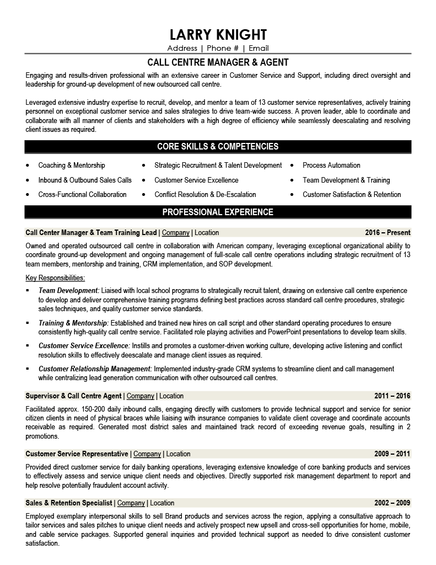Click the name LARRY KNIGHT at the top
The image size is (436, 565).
pyautogui.click(x=218, y=34)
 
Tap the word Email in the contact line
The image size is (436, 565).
pyautogui.click(x=258, y=48)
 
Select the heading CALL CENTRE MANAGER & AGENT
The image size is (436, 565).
pyautogui.click(x=218, y=62)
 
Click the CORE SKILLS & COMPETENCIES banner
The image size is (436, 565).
pyautogui.click(x=218, y=146)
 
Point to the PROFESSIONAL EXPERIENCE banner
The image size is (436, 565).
pyautogui.click(x=218, y=212)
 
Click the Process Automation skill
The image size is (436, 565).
pyautogui.click(x=331, y=165)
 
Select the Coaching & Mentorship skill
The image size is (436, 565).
pyautogui.click(x=72, y=165)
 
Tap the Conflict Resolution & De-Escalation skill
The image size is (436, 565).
pyautogui.click(x=205, y=194)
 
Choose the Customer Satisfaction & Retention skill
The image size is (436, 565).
pyautogui.click(x=352, y=194)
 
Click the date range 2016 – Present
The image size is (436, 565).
pyautogui.click(x=387, y=232)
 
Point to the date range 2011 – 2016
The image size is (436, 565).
pyautogui.click(x=392, y=396)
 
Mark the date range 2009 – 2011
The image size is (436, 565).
pyautogui.click(x=392, y=454)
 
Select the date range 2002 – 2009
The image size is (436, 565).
pyautogui.click(x=392, y=503)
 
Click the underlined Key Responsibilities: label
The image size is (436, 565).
pyautogui.click(x=55, y=278)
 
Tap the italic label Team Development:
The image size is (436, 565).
pyautogui.click(x=69, y=290)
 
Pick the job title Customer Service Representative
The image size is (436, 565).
pyautogui.click(x=77, y=454)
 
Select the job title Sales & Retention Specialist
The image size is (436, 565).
pyautogui.click(x=69, y=503)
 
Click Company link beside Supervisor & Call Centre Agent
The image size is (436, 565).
pyautogui.click(x=141, y=396)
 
